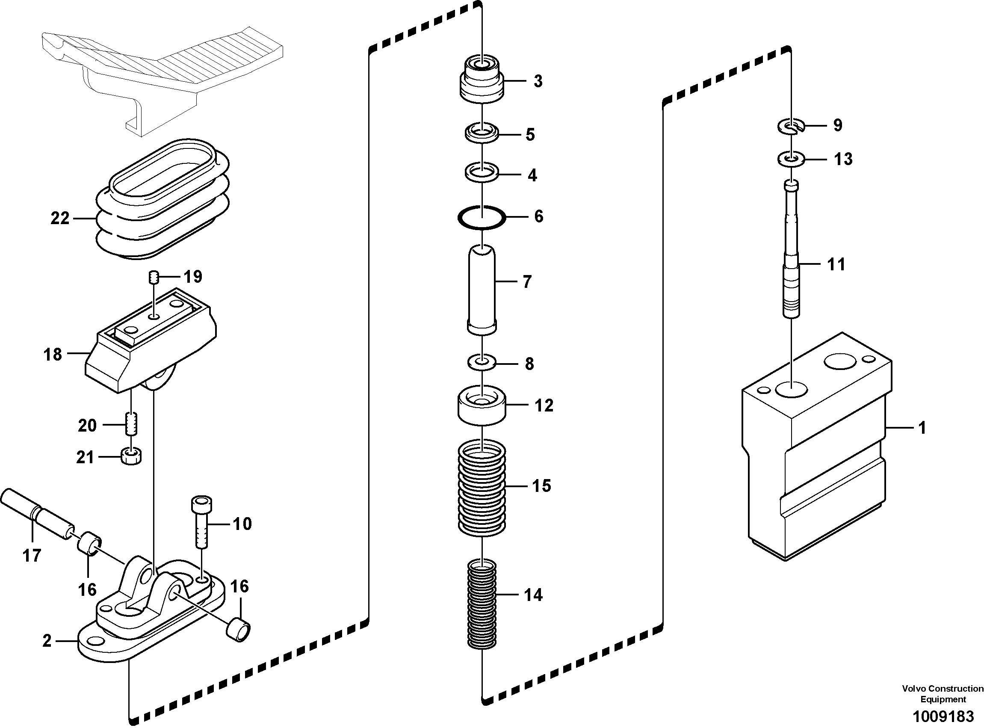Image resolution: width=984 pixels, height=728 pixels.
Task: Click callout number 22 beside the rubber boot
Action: (x=60, y=218)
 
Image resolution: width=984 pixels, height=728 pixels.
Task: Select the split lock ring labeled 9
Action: (x=791, y=127)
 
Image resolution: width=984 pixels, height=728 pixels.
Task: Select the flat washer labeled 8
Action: (x=482, y=363)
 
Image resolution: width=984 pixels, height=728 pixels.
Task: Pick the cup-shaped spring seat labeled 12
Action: (x=482, y=405)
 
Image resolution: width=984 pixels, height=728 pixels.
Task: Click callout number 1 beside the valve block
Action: (x=922, y=427)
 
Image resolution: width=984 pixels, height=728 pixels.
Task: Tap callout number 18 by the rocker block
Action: (x=53, y=354)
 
